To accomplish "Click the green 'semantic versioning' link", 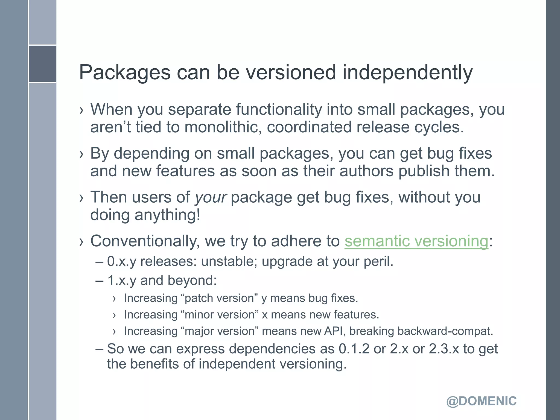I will pos(416,241).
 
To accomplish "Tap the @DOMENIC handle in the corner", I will pos(481,401).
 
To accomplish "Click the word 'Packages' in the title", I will pos(125,73).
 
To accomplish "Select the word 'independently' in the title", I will pos(407,73).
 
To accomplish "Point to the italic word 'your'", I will pos(211,197).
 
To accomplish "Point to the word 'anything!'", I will pos(167,215).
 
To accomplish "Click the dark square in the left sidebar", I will pos(42,64).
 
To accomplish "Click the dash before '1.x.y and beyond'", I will pos(100,281).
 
